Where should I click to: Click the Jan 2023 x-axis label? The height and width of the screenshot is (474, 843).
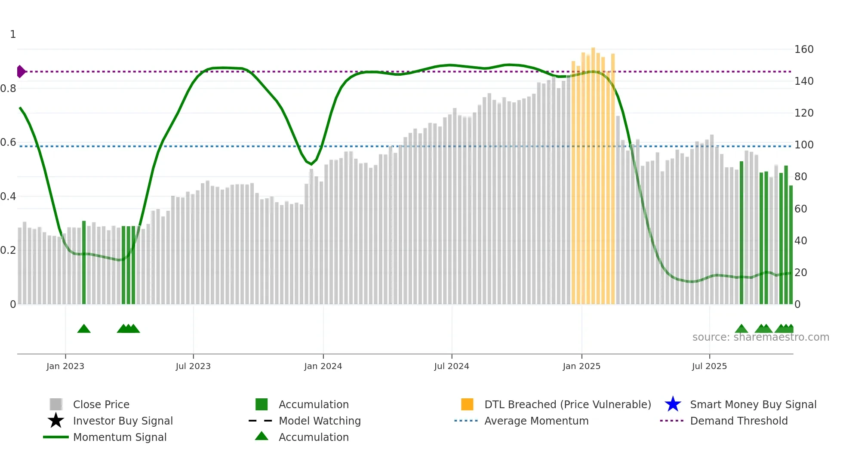coord(65,366)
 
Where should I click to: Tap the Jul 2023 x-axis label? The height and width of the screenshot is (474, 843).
coord(193,366)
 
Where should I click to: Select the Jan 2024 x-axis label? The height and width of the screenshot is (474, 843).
coord(323,366)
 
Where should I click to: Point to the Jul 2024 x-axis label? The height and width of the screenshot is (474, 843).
coord(452,366)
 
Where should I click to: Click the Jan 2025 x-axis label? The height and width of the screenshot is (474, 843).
coord(581,366)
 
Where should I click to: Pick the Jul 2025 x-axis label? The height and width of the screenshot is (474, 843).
coord(709,366)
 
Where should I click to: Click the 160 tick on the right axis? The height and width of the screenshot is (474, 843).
coord(804,49)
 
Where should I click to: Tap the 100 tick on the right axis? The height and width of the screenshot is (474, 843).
coord(804,145)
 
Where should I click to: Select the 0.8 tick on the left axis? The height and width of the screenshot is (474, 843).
coord(8,89)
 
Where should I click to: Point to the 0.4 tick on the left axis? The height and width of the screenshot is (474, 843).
coord(8,197)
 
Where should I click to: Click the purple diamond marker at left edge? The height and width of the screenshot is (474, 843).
coord(21,71)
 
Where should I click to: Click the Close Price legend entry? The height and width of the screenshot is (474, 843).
coord(101,404)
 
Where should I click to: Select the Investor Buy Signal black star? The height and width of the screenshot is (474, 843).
coord(56,421)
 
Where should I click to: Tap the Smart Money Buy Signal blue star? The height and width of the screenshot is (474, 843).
coord(673,404)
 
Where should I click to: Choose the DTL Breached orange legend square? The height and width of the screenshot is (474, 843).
coord(467,404)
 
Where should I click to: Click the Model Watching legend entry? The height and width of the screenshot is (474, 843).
coord(320,421)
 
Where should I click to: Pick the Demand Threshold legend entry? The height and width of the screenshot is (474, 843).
coord(738,421)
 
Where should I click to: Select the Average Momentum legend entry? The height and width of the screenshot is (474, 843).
coord(536,421)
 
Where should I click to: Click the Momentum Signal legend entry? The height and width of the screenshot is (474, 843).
coord(120,437)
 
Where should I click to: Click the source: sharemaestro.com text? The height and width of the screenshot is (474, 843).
coord(760,337)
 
